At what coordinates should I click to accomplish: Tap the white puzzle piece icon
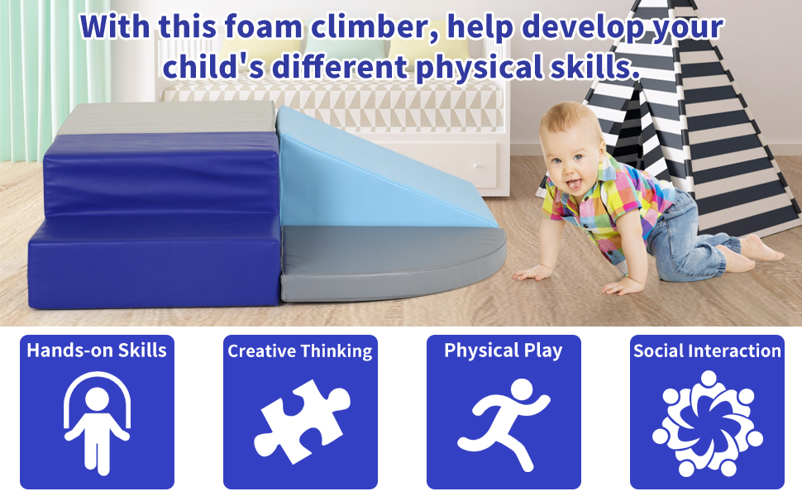click(302, 422)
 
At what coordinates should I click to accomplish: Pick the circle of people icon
click(708, 423)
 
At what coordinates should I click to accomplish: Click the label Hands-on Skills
click(97, 351)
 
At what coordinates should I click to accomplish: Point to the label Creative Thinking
click(300, 351)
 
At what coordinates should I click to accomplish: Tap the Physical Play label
click(504, 351)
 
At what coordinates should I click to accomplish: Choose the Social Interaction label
click(708, 351)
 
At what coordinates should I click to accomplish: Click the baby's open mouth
click(575, 184)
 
